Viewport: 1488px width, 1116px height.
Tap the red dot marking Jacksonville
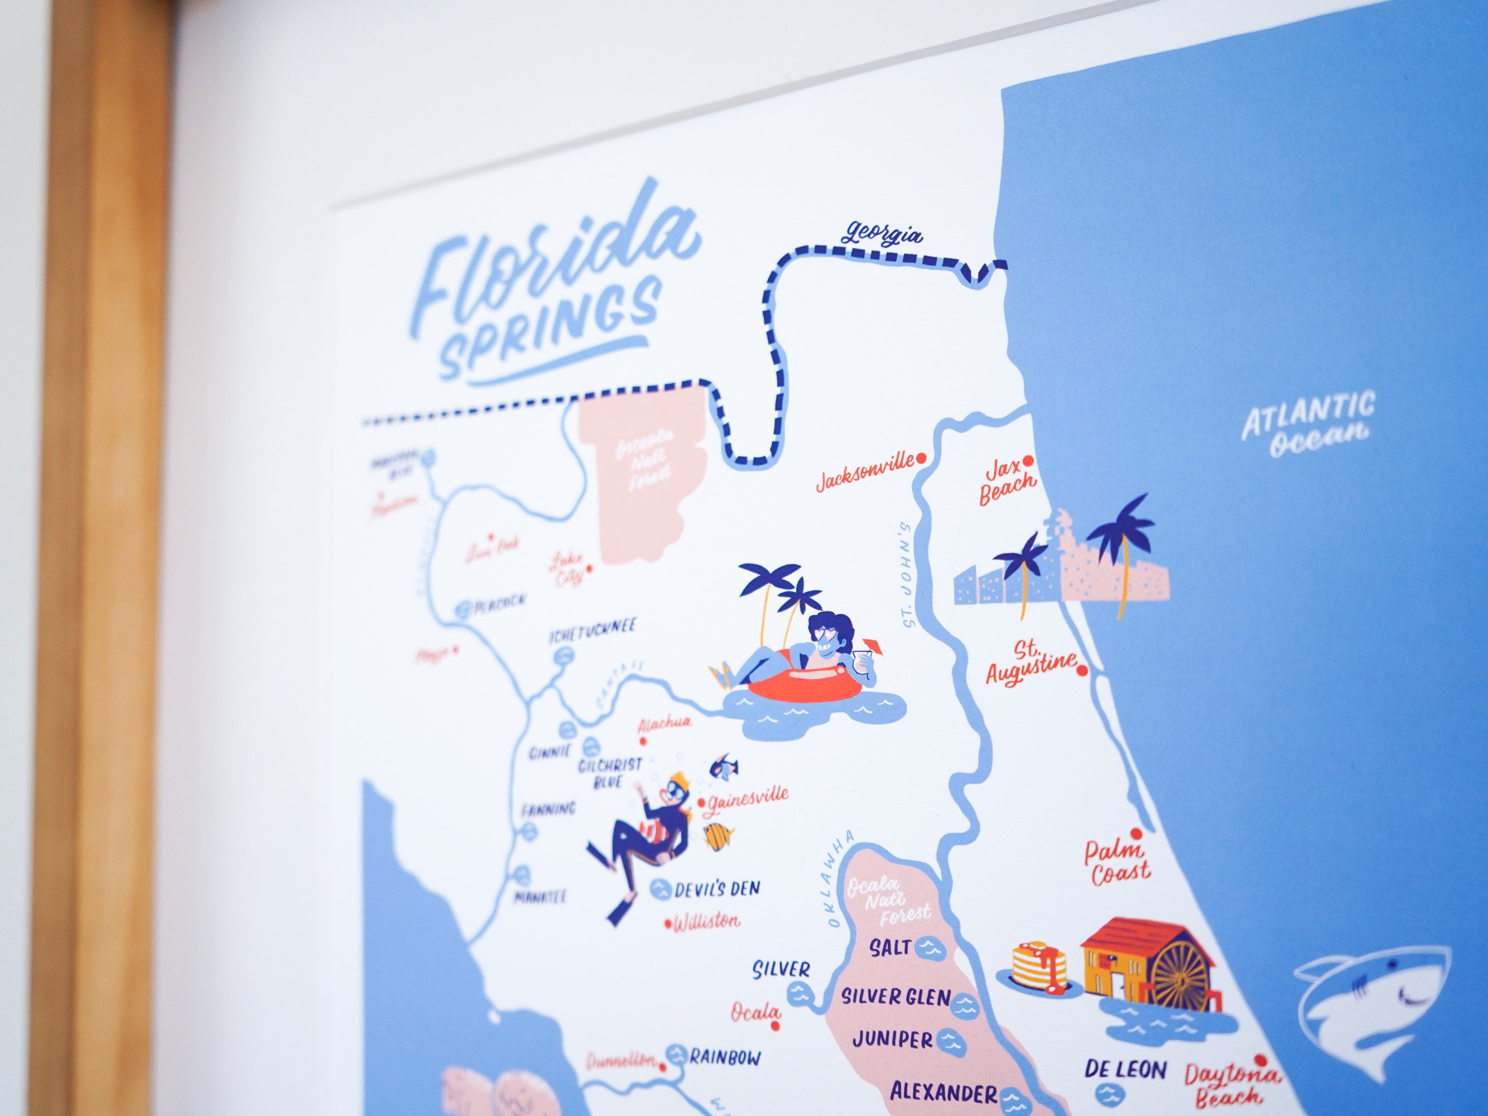point(922,458)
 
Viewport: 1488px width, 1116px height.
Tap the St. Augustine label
point(1030,665)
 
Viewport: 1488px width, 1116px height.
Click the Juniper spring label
point(892,1040)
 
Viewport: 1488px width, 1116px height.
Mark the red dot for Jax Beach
point(1028,461)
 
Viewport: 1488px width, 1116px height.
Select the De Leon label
point(1125,1070)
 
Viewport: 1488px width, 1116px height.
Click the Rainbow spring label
point(725,1057)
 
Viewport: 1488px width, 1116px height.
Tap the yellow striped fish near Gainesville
point(717,837)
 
